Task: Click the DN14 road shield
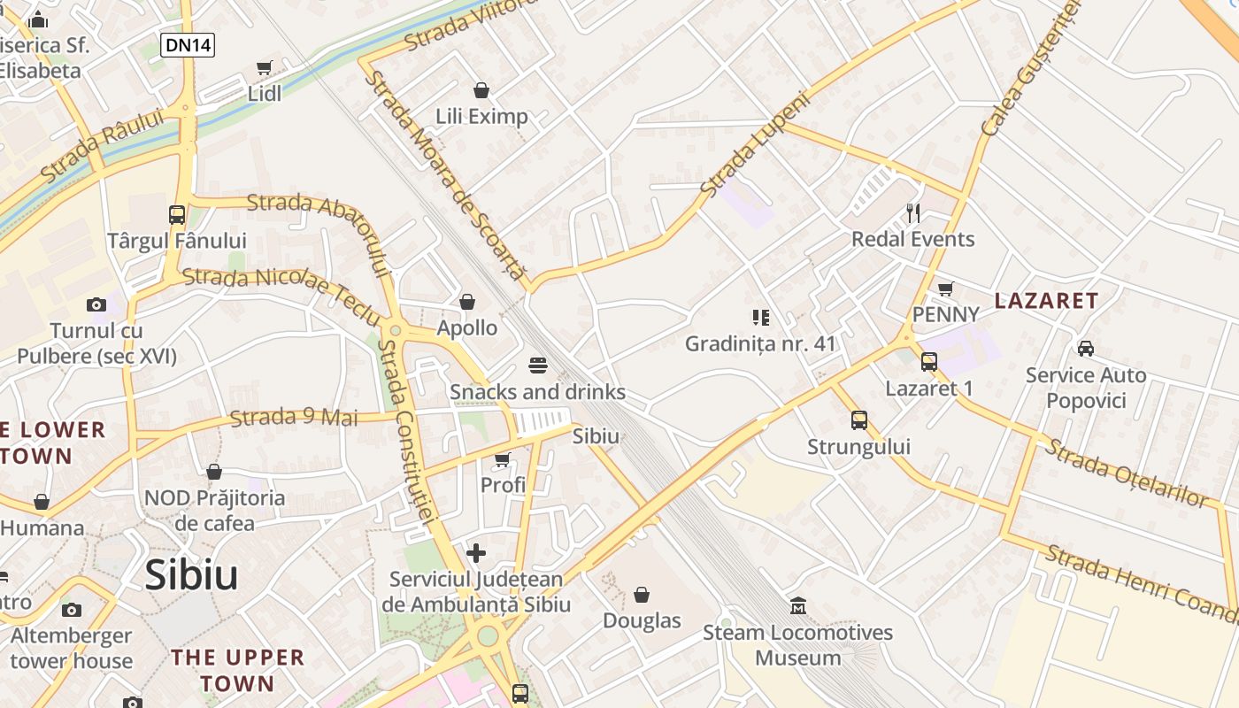tap(188, 44)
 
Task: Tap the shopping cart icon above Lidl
tap(264, 68)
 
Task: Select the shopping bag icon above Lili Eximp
tap(481, 90)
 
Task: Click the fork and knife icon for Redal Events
tap(913, 212)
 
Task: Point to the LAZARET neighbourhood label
tap(1045, 301)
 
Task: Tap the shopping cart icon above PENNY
tap(945, 289)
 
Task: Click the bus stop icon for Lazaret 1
tap(928, 361)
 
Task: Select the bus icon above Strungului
tap(858, 419)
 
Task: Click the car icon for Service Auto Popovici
tap(1085, 349)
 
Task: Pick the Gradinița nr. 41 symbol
tap(760, 317)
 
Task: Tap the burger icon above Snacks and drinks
tap(537, 366)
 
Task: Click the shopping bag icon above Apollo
tap(467, 302)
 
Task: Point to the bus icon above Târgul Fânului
tap(176, 214)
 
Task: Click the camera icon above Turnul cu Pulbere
tap(96, 304)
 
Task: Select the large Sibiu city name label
tap(191, 575)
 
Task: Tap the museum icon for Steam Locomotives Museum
tap(798, 606)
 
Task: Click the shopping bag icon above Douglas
tap(642, 595)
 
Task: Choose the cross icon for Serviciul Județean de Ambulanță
tap(476, 553)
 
